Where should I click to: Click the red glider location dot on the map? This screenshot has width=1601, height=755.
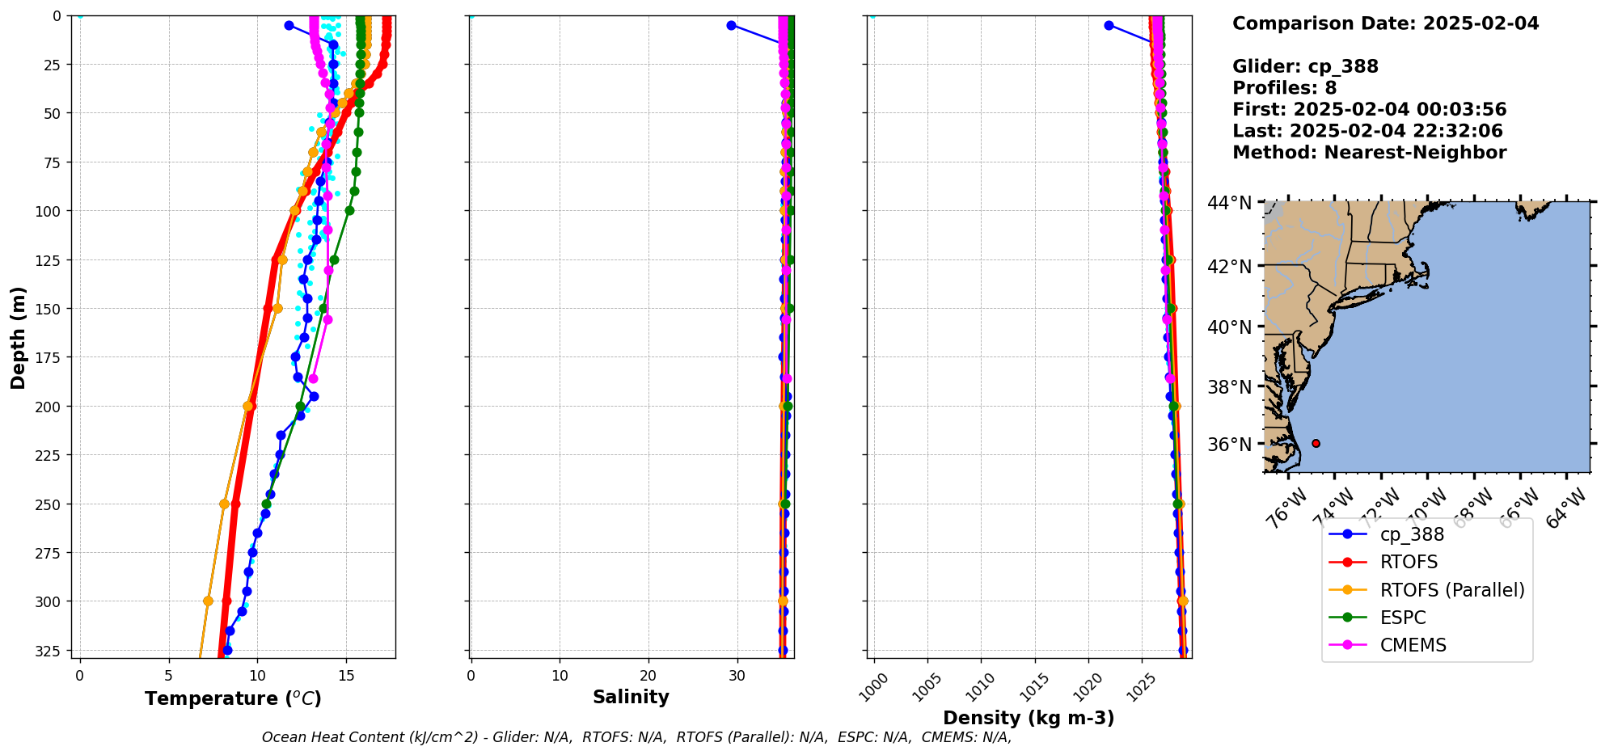[1316, 443]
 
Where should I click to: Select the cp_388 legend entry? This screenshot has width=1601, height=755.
[1411, 534]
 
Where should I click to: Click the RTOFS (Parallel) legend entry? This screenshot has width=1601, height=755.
[1451, 590]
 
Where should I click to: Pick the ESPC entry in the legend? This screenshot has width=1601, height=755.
[1402, 618]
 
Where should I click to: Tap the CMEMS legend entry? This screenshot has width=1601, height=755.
[1413, 645]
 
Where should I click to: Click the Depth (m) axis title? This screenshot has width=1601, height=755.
[18, 337]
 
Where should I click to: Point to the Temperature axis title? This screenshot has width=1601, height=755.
[233, 698]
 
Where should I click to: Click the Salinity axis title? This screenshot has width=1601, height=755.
[631, 697]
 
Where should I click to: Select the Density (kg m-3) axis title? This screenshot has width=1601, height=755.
[1029, 718]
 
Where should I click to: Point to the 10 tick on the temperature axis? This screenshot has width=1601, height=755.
[257, 676]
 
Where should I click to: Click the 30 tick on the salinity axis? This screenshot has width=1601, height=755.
[737, 676]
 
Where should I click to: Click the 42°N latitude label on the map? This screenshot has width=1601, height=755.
[1229, 267]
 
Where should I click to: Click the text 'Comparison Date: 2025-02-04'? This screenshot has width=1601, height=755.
[1385, 23]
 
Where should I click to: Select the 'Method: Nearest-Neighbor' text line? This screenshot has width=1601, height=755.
[1369, 153]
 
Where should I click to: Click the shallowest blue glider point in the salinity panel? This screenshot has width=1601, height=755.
[731, 25]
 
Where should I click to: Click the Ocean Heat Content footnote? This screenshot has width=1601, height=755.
[636, 737]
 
